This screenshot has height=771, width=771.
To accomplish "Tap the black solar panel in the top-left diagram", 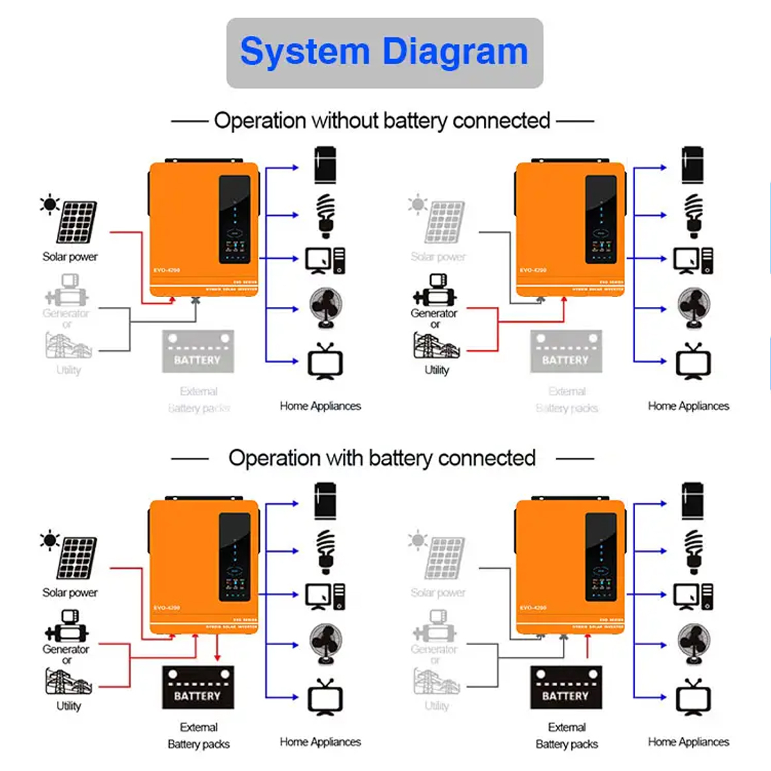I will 77,222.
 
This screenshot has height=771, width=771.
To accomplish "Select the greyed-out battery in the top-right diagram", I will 565,352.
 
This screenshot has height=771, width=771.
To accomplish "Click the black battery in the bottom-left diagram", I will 198,687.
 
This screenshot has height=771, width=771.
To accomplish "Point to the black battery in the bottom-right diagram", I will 565,687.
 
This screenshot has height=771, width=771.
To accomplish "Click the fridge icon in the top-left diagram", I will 325,165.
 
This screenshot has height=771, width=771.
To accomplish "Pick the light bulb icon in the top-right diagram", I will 693,215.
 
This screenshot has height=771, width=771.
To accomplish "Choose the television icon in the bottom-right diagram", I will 693,697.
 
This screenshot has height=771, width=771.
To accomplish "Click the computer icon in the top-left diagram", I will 325,260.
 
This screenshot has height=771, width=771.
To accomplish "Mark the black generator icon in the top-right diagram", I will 434,291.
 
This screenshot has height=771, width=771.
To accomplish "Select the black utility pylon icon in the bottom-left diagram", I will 69,682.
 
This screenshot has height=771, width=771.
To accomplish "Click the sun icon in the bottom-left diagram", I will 50,541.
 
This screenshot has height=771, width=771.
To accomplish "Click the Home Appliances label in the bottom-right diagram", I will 688,742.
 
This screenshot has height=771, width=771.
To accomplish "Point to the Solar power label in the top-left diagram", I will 70,257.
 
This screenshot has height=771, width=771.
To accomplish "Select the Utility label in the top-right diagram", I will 437,370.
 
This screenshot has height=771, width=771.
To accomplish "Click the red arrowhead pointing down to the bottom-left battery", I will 217,657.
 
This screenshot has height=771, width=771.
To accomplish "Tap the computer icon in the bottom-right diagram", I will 693,597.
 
